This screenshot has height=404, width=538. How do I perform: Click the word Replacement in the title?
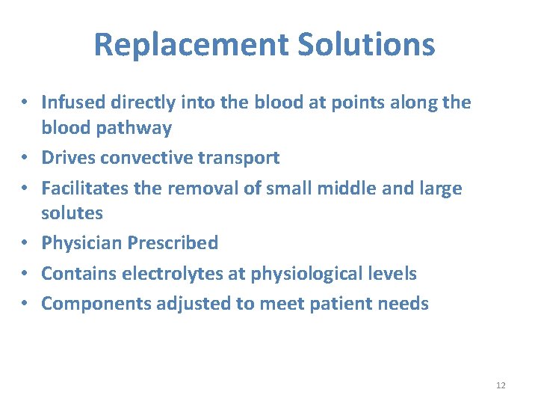click(x=191, y=45)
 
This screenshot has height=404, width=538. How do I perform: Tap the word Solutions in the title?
click(x=365, y=45)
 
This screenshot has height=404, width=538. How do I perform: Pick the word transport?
click(x=241, y=158)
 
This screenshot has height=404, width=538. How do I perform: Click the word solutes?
click(x=72, y=213)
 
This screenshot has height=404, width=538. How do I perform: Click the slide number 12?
click(x=501, y=385)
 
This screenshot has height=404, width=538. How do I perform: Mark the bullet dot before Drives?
click(x=25, y=159)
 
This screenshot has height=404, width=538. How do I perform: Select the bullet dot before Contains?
click(x=25, y=274)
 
